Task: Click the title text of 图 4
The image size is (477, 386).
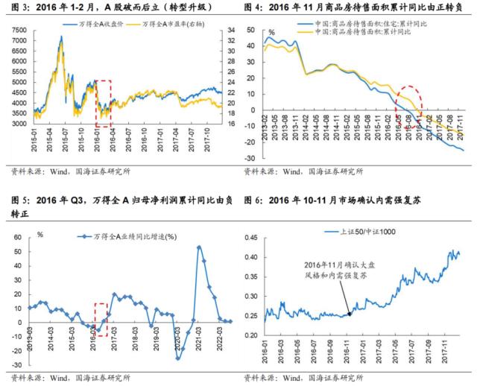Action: (358, 8)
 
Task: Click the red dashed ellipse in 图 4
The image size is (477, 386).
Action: (408, 104)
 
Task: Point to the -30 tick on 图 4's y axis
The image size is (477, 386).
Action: (253, 159)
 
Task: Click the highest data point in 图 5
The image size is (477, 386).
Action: (199, 247)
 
